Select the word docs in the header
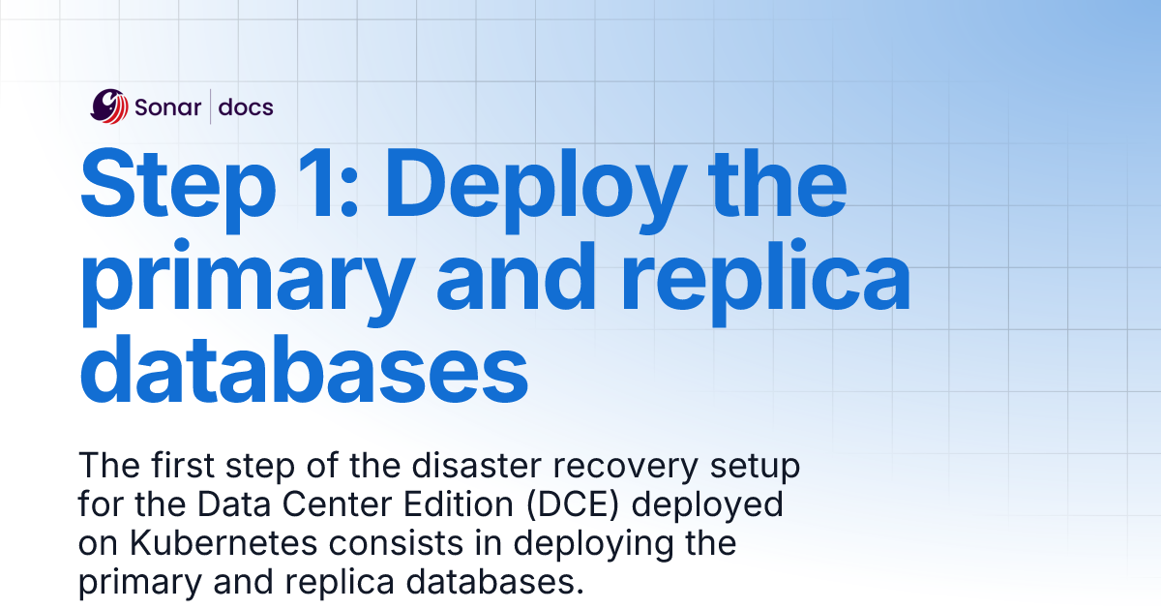click(x=246, y=107)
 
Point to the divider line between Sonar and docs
click(x=211, y=107)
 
